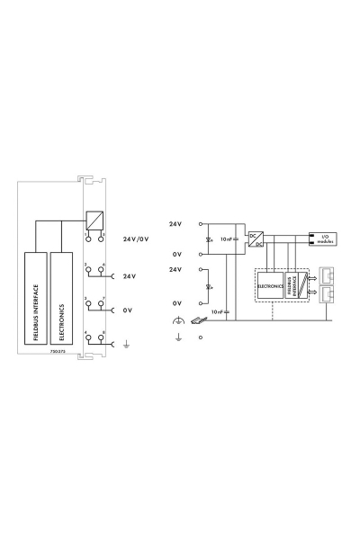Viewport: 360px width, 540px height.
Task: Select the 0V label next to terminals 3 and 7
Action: tap(128, 310)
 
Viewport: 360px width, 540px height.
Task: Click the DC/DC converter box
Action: tap(256, 237)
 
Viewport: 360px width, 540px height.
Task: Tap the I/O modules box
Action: tap(327, 239)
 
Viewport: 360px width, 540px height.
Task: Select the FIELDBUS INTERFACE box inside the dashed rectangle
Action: tap(291, 288)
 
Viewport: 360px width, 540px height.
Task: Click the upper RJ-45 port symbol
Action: tap(327, 276)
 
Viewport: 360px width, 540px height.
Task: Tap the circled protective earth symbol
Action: tap(177, 321)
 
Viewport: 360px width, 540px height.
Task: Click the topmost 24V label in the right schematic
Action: tap(175, 222)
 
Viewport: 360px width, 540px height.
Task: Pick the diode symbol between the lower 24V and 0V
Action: tap(210, 288)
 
